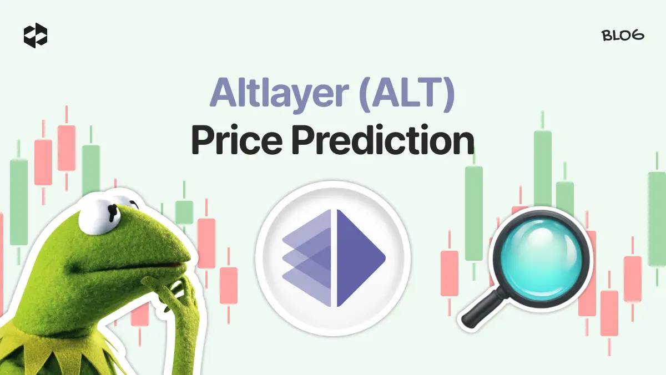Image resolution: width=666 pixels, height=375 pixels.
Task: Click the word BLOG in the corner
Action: (623, 36)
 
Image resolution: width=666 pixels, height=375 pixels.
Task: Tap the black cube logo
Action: (36, 36)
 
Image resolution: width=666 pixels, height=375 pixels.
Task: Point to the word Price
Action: (236, 140)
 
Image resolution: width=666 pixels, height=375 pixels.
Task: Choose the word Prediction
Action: (383, 140)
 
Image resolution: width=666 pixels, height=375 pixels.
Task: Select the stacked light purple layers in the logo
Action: (306, 258)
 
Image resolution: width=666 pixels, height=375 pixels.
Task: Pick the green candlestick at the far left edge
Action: (19, 202)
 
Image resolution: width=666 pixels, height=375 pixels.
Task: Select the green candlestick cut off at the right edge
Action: (657, 219)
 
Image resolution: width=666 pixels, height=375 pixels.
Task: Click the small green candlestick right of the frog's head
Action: (184, 212)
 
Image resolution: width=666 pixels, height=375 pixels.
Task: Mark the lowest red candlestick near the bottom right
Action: (609, 313)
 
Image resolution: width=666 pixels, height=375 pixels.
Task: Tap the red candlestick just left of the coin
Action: (229, 285)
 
